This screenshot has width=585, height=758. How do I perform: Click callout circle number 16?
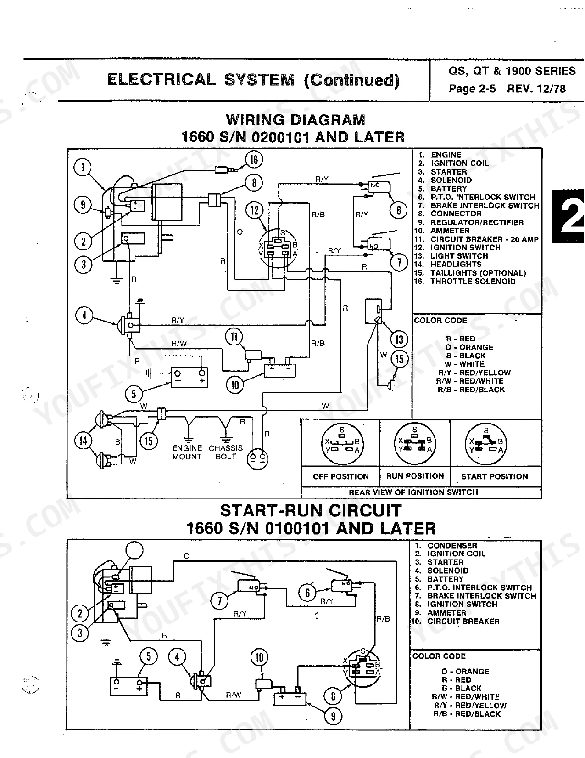(254, 160)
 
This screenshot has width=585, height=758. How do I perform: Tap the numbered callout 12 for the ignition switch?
(255, 210)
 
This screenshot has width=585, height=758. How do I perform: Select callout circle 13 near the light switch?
(399, 339)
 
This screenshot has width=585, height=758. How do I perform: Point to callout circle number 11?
(234, 337)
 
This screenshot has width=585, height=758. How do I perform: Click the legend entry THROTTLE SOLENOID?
(465, 282)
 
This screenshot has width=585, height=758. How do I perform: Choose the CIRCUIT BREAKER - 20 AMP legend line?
(476, 239)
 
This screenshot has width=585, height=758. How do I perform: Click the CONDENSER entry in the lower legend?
(446, 545)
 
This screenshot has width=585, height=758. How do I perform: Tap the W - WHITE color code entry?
(465, 364)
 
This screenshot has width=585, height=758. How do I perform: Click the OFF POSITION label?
(341, 476)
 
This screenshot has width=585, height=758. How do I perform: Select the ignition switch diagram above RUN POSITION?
(415, 444)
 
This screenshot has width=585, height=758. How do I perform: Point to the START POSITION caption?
(495, 476)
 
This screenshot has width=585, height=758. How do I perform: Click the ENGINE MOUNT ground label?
(187, 453)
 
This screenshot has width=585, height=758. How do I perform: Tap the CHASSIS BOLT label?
(226, 453)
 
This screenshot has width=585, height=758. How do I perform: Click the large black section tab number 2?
(568, 216)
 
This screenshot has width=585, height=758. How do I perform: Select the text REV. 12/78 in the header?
(536, 89)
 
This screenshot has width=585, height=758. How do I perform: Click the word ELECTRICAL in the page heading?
(162, 80)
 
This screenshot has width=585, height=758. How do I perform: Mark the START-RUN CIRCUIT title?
(311, 511)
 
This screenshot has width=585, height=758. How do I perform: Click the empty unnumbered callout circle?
(134, 550)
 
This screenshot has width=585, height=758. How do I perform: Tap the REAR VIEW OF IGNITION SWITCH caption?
(413, 492)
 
